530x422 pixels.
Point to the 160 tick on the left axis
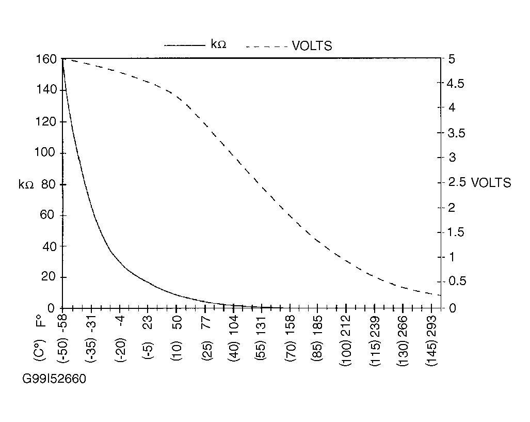click(46, 59)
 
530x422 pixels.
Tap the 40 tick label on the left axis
click(49, 246)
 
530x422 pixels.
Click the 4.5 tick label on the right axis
click(455, 83)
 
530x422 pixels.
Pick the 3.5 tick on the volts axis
click(455, 133)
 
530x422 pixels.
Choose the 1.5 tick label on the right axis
click(455, 232)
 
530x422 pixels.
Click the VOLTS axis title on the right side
click(491, 183)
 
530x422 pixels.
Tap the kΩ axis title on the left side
click(26, 185)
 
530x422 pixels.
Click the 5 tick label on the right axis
click(452, 59)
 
